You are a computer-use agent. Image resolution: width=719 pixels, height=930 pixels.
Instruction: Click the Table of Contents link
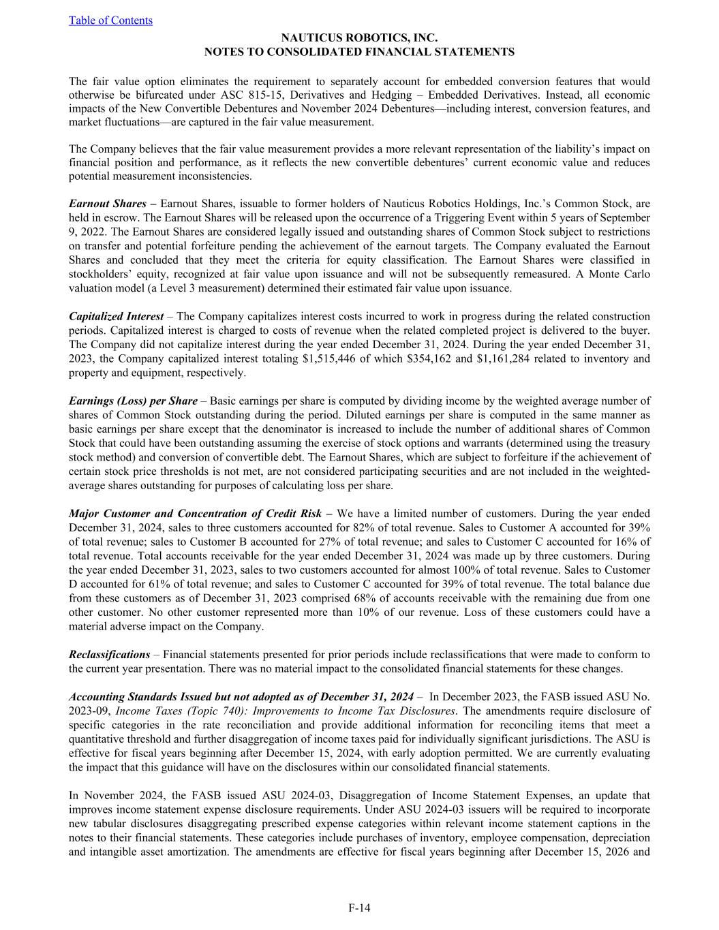[110, 20]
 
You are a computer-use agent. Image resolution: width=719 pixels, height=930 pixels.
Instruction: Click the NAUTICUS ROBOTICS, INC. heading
[359, 39]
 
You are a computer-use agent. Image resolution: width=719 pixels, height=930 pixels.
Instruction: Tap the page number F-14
[359, 907]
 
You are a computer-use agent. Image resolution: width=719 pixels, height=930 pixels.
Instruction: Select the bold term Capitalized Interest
[116, 316]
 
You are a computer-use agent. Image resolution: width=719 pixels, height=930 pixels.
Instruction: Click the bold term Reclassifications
[109, 654]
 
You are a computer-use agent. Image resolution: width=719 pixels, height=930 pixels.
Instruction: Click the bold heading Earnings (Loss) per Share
[133, 401]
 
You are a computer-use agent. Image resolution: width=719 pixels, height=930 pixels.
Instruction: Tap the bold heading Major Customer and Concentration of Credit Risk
[195, 513]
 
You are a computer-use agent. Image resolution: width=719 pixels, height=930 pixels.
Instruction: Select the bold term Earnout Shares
[107, 203]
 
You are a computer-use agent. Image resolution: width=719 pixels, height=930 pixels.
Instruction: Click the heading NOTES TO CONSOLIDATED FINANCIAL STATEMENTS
[359, 52]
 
